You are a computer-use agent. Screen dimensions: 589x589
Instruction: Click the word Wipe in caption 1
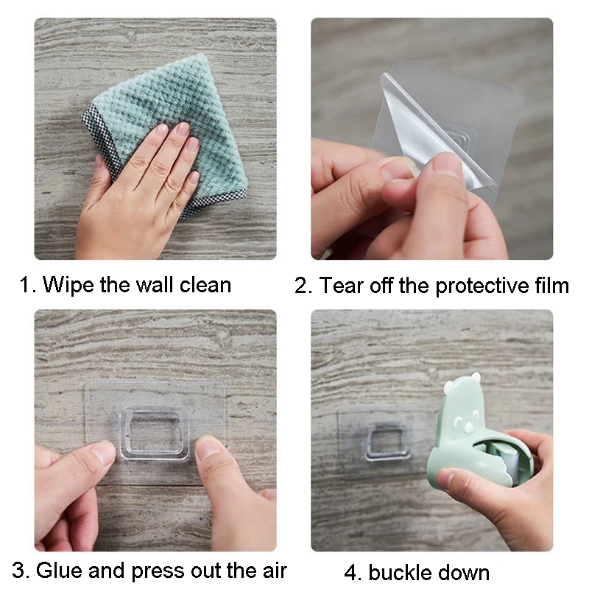pos(68,285)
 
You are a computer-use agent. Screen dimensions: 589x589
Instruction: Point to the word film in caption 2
pos(551,285)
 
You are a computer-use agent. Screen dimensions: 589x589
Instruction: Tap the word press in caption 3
pos(158,572)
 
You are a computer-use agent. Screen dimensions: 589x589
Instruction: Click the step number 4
pos(350,573)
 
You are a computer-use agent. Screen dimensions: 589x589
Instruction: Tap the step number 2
pos(301,286)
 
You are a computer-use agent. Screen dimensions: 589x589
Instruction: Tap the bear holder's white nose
pos(468,428)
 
